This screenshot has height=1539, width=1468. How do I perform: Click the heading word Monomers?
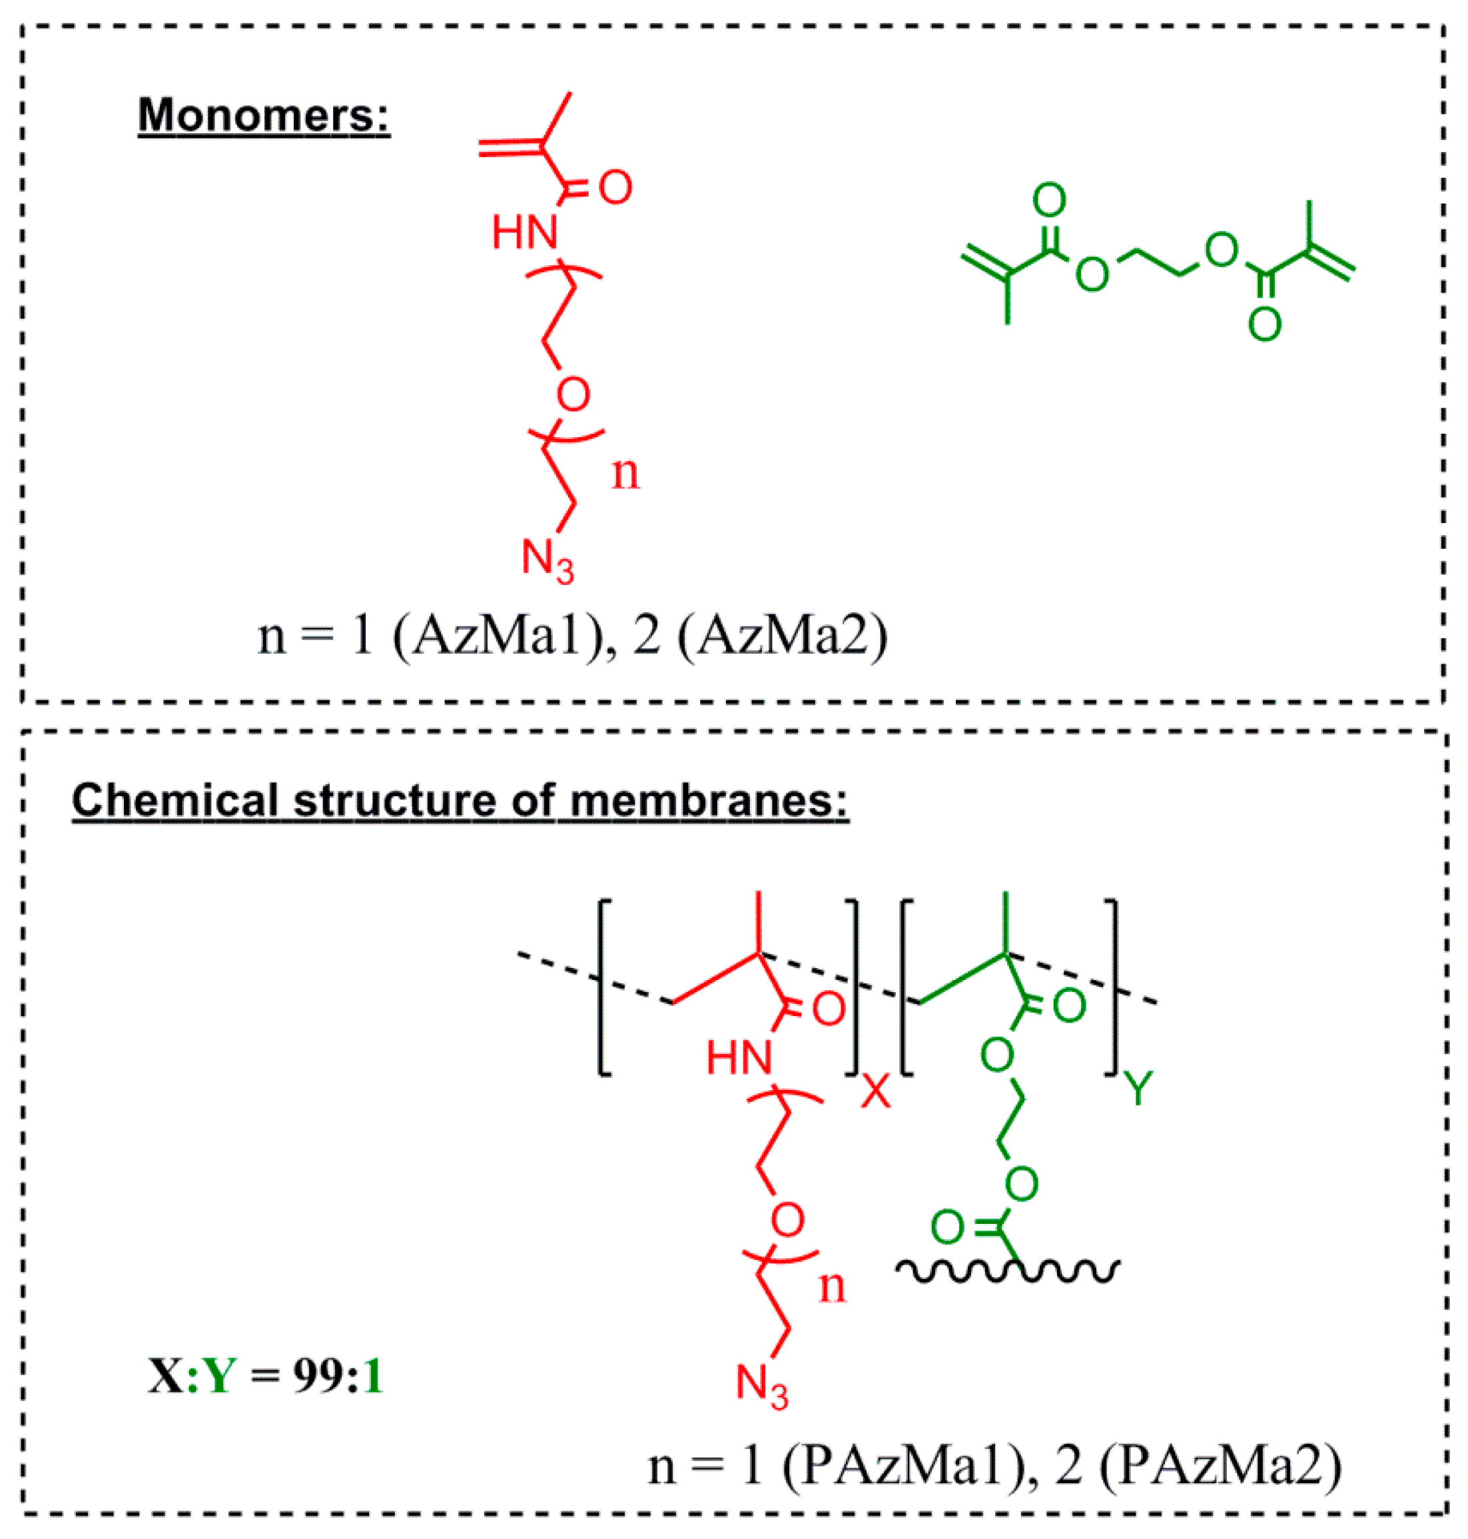click(x=264, y=115)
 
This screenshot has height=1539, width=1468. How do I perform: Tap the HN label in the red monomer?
click(x=524, y=233)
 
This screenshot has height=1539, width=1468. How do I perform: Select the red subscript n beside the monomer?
click(x=625, y=474)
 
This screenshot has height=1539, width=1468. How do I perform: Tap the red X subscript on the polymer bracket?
click(x=875, y=1091)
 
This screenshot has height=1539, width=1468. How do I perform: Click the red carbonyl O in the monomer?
click(x=615, y=188)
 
